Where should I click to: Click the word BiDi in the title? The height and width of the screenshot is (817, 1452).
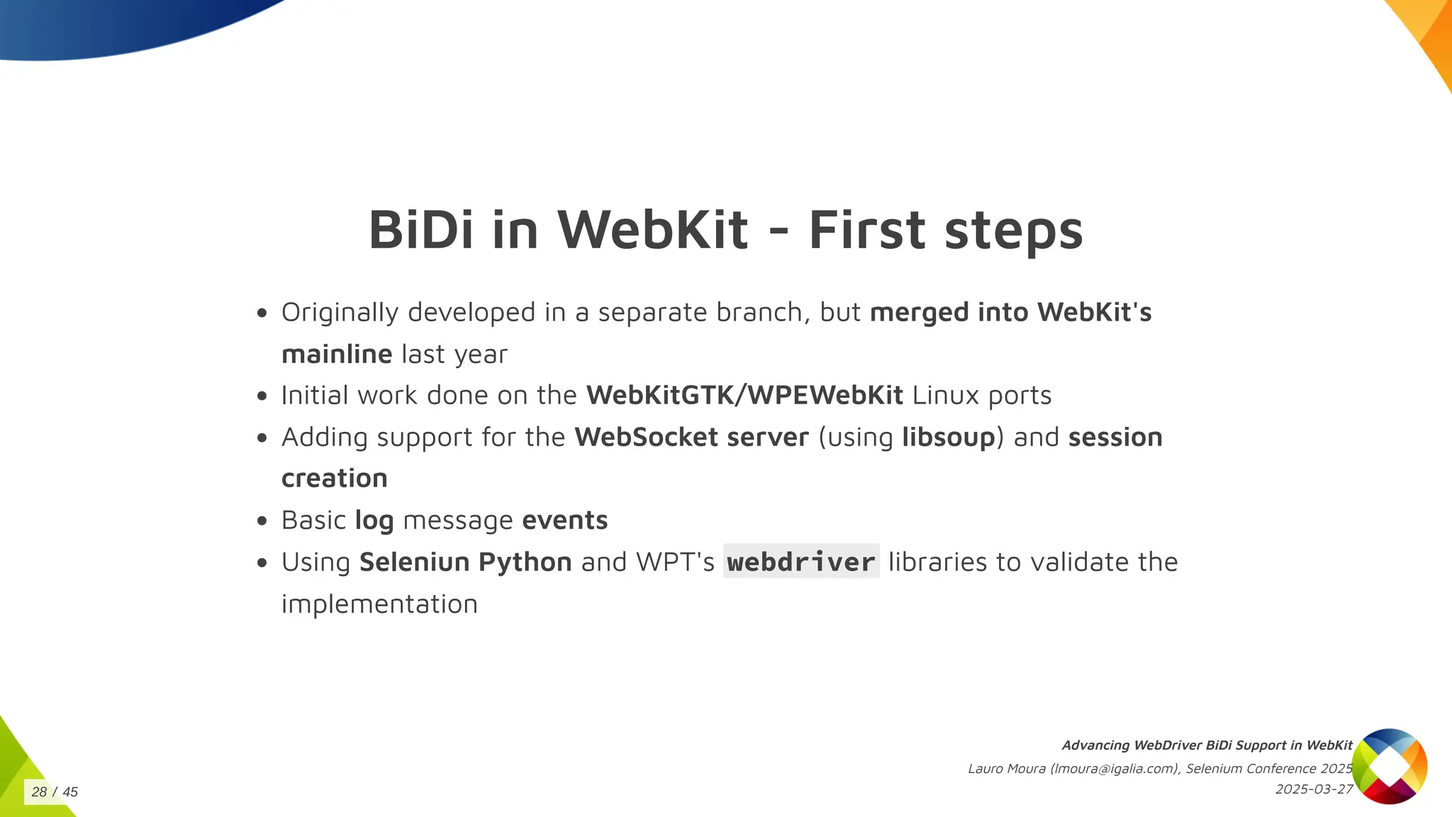(x=421, y=230)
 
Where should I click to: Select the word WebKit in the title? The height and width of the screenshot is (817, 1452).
(x=653, y=230)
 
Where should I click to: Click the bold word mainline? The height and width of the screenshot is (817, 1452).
(x=337, y=354)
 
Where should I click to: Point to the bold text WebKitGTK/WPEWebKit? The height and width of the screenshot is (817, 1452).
(x=744, y=395)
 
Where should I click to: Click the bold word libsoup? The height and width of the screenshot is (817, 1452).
(x=949, y=438)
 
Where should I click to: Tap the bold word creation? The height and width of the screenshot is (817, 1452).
(x=335, y=479)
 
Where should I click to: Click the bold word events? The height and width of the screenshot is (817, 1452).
(x=565, y=521)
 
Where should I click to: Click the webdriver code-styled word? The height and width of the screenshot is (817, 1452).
(x=801, y=562)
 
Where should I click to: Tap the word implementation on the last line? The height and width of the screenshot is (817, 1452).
(x=379, y=604)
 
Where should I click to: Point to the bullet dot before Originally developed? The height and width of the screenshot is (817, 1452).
(x=262, y=313)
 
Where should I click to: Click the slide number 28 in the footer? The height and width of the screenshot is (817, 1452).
(x=39, y=792)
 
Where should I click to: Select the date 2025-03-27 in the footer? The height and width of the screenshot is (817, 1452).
(x=1314, y=789)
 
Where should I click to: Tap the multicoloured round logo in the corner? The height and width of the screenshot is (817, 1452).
(x=1389, y=766)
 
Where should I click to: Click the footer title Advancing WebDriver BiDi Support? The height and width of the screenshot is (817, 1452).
(x=1207, y=745)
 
